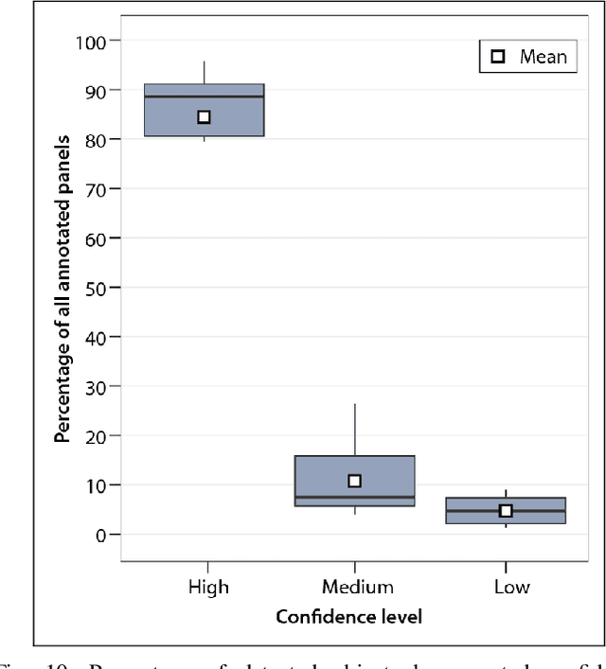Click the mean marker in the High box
pos(204,117)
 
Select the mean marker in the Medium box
pos(354,481)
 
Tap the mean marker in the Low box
pos(506,511)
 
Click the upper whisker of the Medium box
pos(354,430)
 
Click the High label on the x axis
pos(207,587)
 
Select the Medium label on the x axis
pos(356,587)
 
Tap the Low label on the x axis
pos(511,587)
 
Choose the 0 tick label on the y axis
pos(104,535)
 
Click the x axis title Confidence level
pos(348,617)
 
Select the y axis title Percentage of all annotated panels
pos(63,288)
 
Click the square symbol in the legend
pos(498,57)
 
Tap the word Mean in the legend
pos(543,57)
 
